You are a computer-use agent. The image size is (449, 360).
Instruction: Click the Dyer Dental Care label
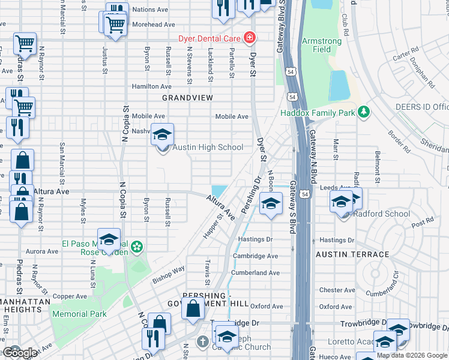pyautogui.click(x=209, y=38)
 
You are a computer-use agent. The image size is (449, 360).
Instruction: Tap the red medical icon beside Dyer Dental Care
pyautogui.click(x=249, y=38)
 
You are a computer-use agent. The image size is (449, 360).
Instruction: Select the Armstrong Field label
pyautogui.click(x=322, y=45)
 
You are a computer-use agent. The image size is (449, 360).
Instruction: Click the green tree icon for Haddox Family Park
pyautogui.click(x=363, y=112)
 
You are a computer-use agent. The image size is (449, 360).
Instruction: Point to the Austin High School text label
pyautogui.click(x=208, y=148)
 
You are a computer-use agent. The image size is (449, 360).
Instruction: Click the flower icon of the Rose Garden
pyautogui.click(x=137, y=247)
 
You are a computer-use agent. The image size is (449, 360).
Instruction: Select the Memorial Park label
pyautogui.click(x=79, y=314)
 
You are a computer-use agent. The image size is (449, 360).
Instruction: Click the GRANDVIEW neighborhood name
pyautogui.click(x=188, y=97)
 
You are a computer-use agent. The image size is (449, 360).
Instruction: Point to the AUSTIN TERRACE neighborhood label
pyautogui.click(x=352, y=255)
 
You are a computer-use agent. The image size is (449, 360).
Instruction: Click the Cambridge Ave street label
pyautogui.click(x=256, y=256)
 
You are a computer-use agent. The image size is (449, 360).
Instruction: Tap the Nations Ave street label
pyautogui.click(x=150, y=10)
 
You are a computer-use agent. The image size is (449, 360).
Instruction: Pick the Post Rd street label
pyautogui.click(x=423, y=221)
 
